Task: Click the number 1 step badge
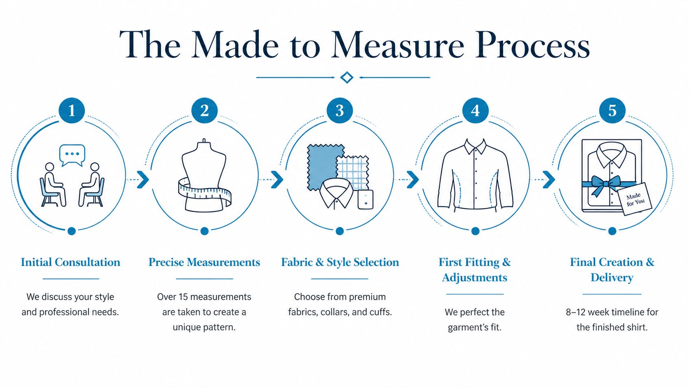72,111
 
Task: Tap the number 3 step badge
340,111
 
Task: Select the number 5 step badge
612,111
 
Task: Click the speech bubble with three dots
72,154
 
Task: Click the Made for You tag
635,200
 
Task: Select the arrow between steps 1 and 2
143,179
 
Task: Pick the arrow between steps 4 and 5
549,179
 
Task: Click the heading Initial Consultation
70,262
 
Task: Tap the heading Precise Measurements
204,262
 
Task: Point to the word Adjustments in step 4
474,277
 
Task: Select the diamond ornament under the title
347,77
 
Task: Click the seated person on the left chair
52,183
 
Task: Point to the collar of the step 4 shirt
475,147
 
